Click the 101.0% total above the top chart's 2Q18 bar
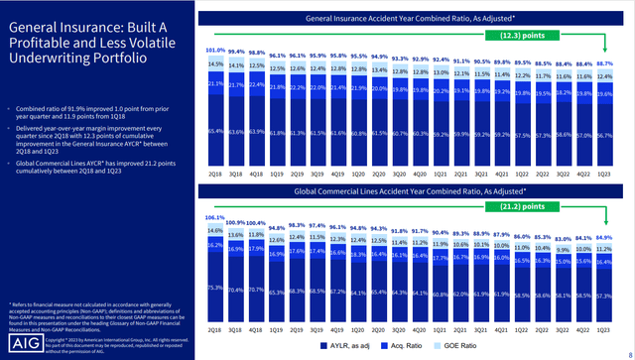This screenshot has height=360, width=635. click(x=216, y=49)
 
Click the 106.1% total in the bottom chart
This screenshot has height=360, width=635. click(x=216, y=216)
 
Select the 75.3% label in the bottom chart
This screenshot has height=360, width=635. click(x=216, y=288)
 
